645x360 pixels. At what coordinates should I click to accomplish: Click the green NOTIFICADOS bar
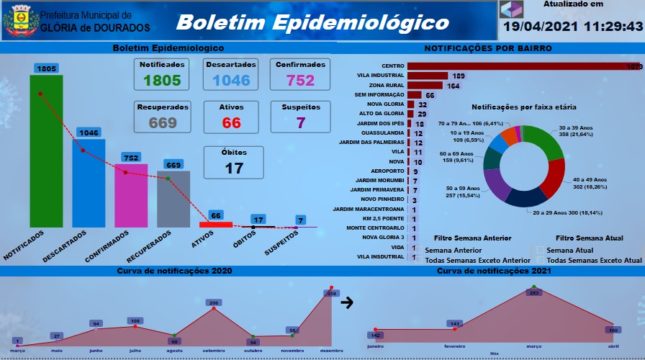(x=46, y=151)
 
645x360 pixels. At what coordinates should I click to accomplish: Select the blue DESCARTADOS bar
(x=89, y=184)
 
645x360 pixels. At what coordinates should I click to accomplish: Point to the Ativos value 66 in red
(x=232, y=122)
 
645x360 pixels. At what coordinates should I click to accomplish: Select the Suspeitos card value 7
(x=301, y=122)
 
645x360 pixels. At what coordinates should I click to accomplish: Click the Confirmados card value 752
(x=301, y=80)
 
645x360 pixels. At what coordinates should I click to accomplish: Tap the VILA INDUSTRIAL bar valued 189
(x=427, y=76)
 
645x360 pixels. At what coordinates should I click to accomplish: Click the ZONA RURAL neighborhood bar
(x=425, y=86)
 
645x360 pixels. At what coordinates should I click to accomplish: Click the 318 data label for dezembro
(x=332, y=294)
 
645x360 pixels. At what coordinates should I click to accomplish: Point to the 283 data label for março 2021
(x=533, y=292)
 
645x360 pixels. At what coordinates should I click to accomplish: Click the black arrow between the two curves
(x=347, y=303)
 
